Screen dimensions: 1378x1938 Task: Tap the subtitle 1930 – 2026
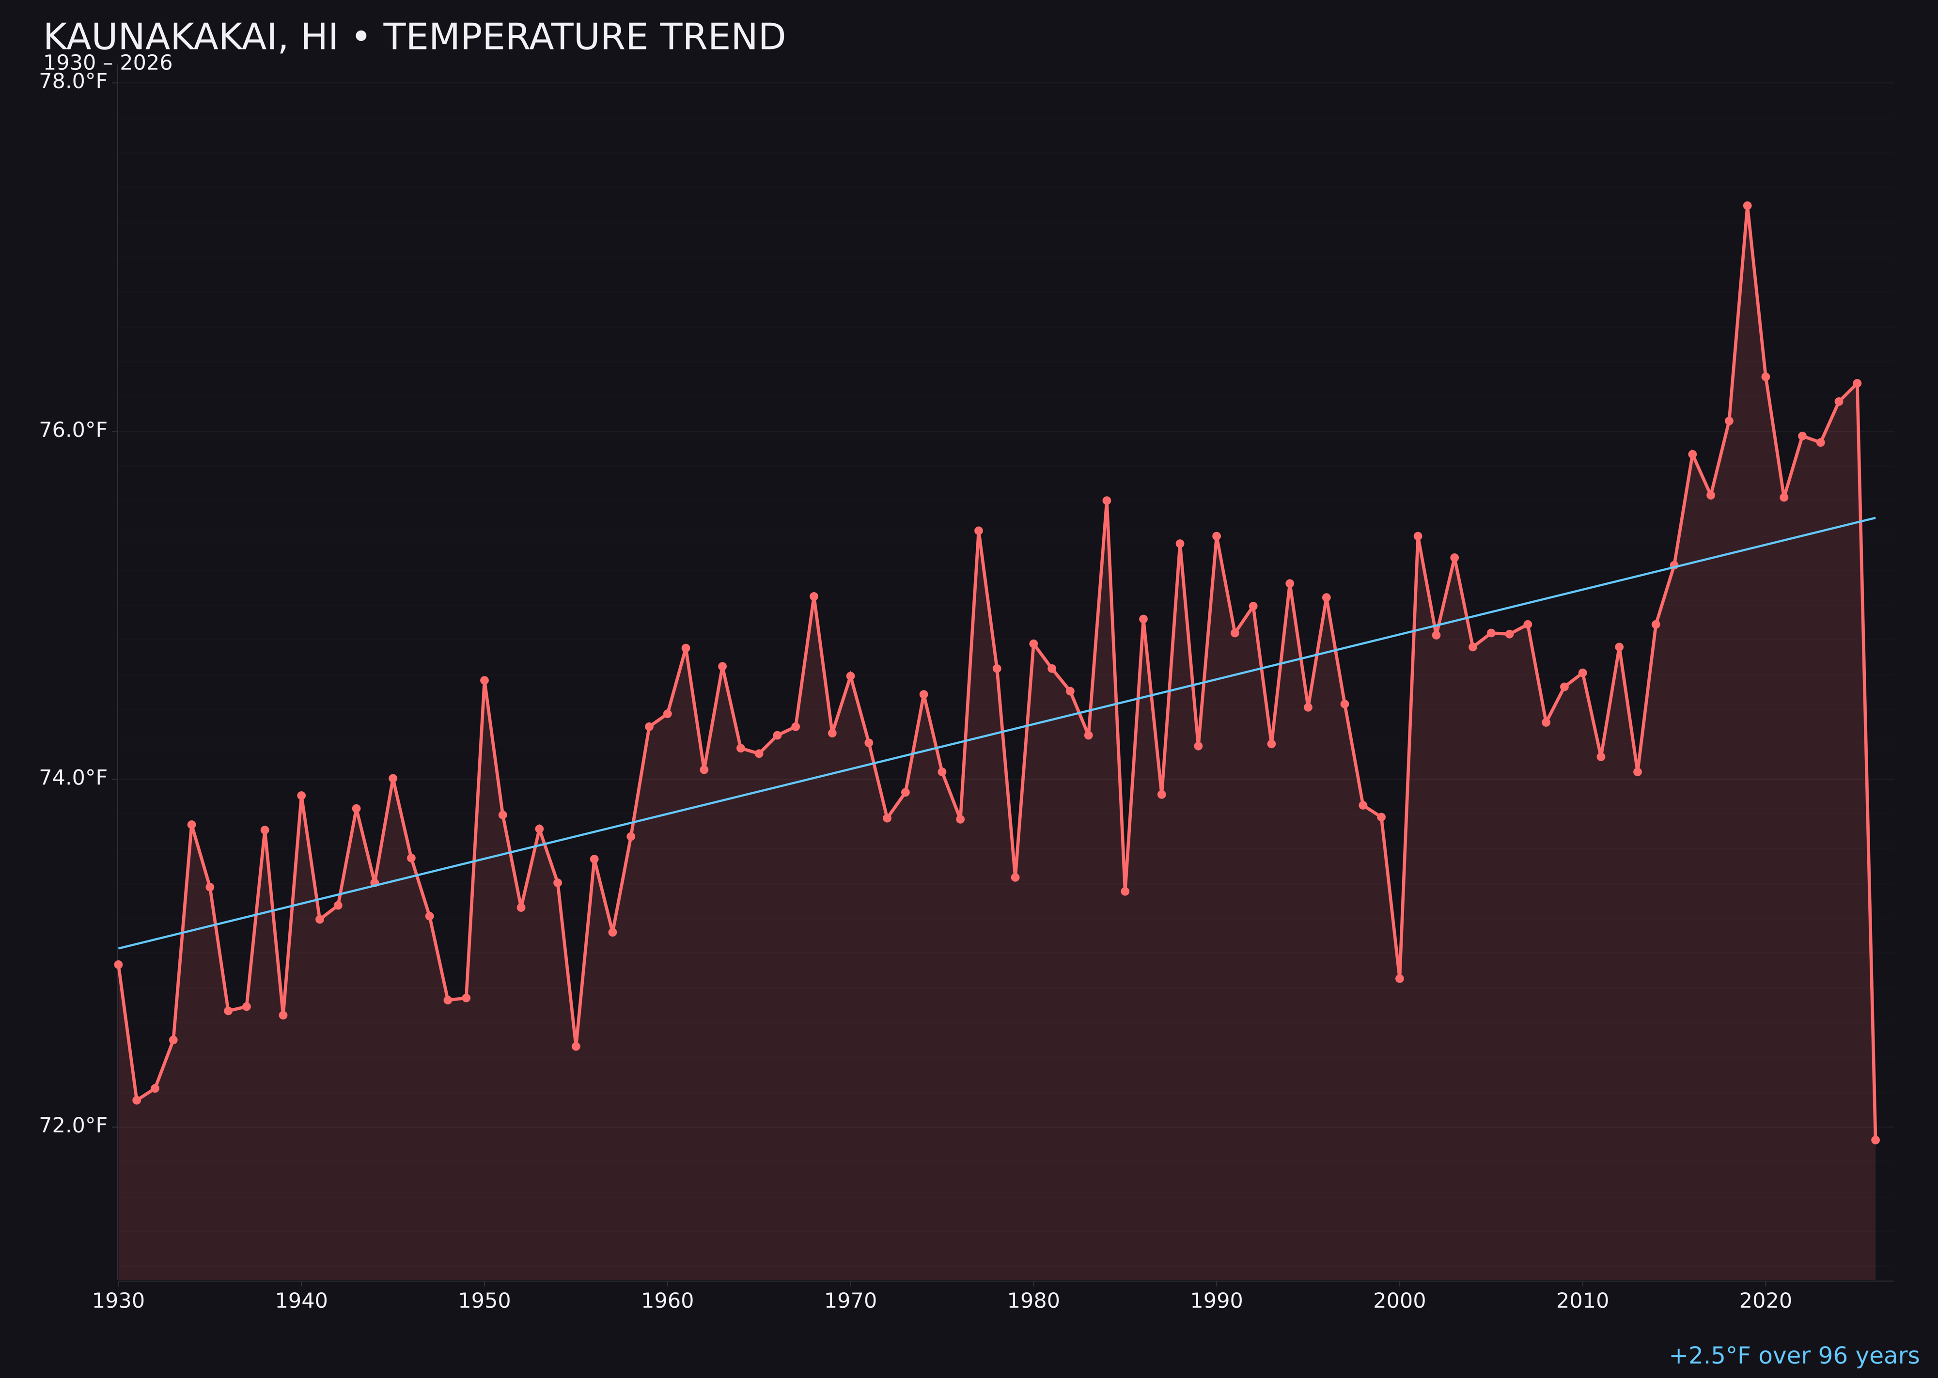(x=108, y=63)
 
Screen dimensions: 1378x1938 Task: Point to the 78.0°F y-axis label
(x=74, y=81)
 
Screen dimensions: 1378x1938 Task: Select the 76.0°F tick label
(x=74, y=430)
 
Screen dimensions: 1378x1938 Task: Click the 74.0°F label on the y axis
(x=74, y=778)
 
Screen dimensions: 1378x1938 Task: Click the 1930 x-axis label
(x=118, y=1301)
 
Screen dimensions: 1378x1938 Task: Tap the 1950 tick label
(x=484, y=1301)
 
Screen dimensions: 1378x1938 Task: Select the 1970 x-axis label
(x=850, y=1301)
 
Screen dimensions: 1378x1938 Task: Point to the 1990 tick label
(x=1216, y=1301)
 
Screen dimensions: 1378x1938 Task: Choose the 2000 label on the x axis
(x=1399, y=1301)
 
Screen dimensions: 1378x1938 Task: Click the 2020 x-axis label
(x=1765, y=1301)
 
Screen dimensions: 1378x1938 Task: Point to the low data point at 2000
(x=1399, y=978)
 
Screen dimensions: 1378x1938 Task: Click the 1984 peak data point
(x=1107, y=501)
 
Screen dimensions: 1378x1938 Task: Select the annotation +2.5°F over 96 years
(x=1794, y=1356)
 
